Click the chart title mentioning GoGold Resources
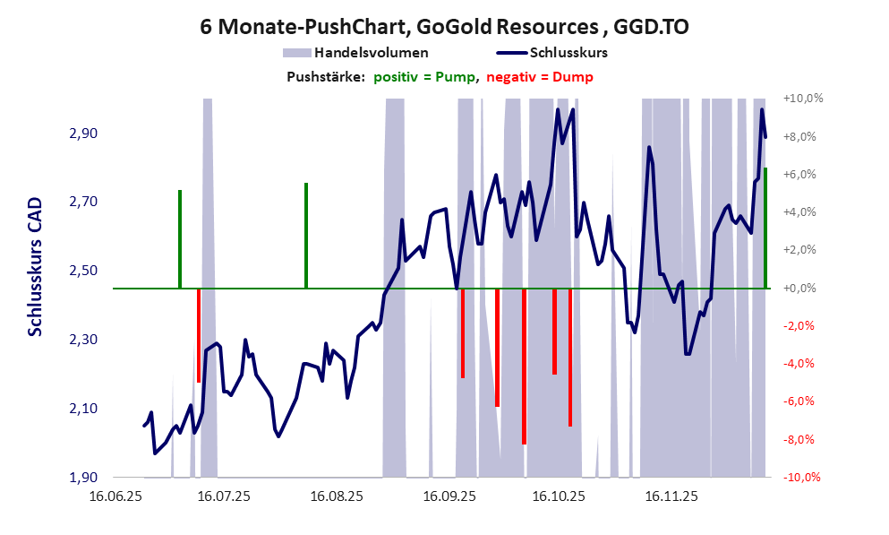click(444, 27)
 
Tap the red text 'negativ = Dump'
click(540, 77)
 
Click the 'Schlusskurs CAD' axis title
click(35, 267)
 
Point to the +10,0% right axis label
click(802, 99)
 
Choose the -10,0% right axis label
click(802, 478)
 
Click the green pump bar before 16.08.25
click(306, 235)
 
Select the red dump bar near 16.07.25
click(199, 335)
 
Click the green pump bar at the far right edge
click(765, 228)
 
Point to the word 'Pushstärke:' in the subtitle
click(325, 77)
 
